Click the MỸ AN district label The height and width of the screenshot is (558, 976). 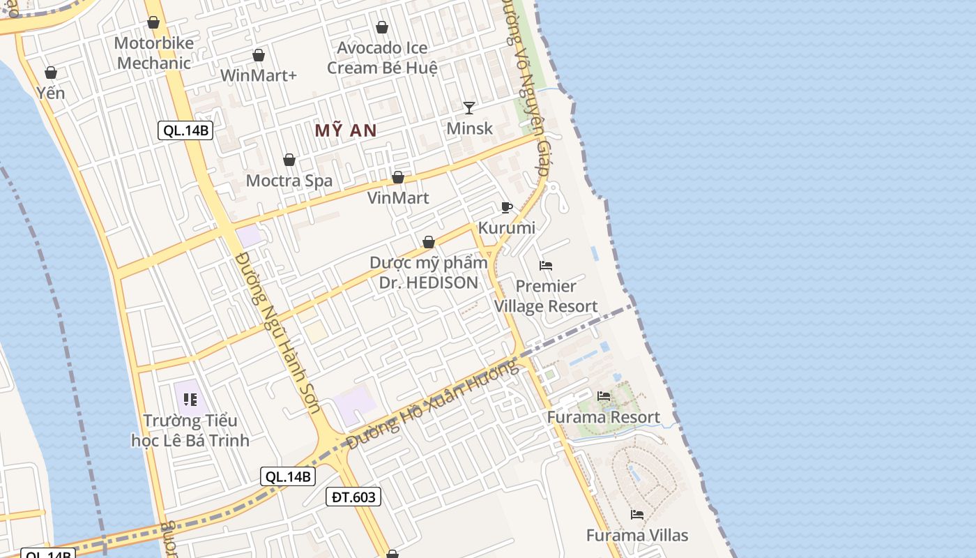point(345,130)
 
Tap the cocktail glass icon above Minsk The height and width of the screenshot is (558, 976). point(469,107)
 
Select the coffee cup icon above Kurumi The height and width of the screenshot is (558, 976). point(507,207)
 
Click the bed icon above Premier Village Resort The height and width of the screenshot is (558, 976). point(546,266)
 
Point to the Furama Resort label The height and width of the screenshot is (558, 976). point(603,417)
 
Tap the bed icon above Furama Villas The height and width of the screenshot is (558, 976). point(636,515)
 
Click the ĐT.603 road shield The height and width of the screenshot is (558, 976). point(353,497)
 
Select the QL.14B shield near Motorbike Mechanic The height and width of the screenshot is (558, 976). point(185,130)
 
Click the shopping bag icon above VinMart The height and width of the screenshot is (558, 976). point(398,178)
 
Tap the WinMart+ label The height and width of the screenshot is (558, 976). point(259,75)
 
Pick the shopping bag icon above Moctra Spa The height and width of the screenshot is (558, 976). point(289,160)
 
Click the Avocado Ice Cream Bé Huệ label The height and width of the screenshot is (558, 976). point(382,58)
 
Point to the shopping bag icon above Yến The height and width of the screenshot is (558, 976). point(51,73)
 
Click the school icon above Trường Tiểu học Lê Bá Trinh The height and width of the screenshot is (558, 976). point(190,400)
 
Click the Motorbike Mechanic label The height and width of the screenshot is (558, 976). point(153,53)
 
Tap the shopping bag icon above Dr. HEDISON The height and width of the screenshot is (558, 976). point(429,242)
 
